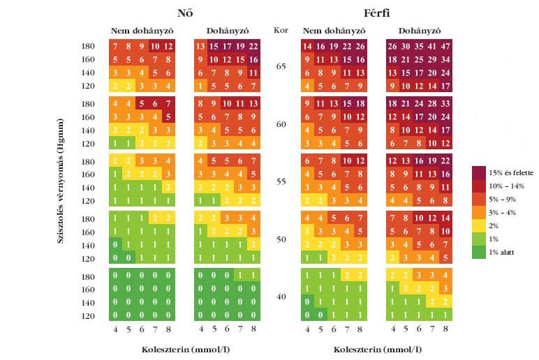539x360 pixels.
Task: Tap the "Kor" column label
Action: point(281,30)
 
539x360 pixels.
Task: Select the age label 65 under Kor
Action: point(281,66)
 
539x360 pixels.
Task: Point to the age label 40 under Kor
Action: point(281,297)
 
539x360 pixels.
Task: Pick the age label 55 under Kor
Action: point(281,181)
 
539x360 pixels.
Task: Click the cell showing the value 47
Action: point(445,46)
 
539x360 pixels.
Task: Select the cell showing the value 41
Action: point(431,46)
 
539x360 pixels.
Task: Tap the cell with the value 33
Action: point(445,103)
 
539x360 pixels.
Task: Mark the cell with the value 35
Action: point(418,46)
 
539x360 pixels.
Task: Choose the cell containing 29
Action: point(431,59)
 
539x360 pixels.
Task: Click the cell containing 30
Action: point(405,46)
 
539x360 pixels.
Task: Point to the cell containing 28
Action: point(431,103)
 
